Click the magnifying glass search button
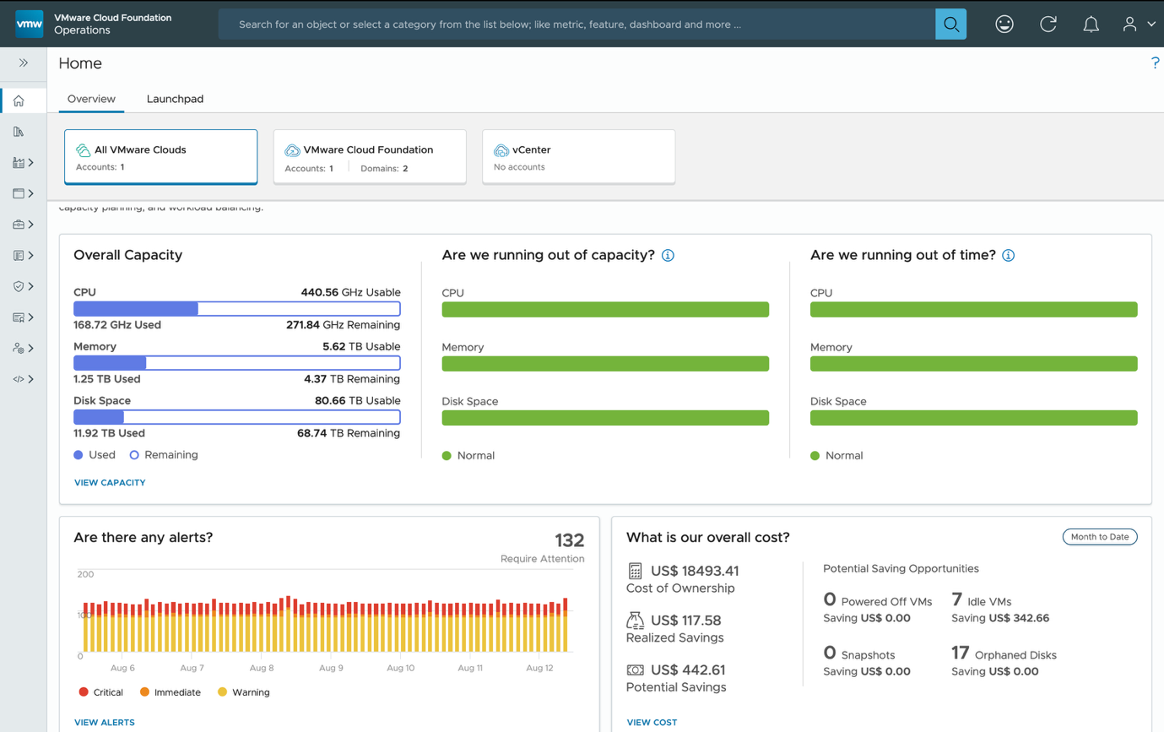coord(950,24)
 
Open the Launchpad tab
coord(175,99)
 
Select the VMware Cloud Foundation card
coord(370,156)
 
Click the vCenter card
coord(578,156)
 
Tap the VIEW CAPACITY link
coord(110,483)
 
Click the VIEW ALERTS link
coord(105,723)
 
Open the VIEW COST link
coord(652,723)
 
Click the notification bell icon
coord(1091,24)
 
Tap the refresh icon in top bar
coord(1048,24)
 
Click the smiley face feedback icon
coord(1004,24)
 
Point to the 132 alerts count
coord(569,540)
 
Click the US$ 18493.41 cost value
coord(695,571)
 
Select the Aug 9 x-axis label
coord(331,668)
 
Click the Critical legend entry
coord(101,692)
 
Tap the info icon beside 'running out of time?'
coord(1008,255)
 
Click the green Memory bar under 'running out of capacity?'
coord(605,364)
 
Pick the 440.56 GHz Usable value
coord(350,292)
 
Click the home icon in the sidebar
coord(19,101)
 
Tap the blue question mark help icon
coord(1155,63)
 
